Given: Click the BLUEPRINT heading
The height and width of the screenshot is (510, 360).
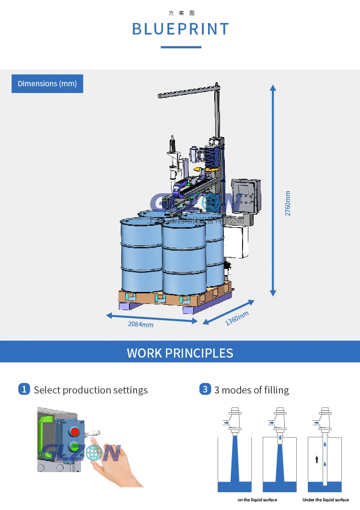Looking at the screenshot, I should [180, 29].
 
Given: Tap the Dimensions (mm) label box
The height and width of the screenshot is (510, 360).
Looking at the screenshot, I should [47, 84].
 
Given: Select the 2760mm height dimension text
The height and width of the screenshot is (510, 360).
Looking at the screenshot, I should [288, 203].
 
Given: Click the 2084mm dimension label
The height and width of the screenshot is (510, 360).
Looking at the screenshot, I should [140, 325].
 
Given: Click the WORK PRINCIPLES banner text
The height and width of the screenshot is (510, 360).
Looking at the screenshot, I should [180, 353].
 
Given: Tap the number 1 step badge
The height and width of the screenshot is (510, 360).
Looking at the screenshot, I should [24, 389].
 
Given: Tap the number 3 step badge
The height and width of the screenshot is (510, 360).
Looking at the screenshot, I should [205, 389].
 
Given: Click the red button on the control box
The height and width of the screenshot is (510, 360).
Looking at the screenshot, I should [74, 430].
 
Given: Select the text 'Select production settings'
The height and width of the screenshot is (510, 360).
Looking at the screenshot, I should [91, 390].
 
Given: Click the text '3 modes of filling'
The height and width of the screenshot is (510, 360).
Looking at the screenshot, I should [251, 390].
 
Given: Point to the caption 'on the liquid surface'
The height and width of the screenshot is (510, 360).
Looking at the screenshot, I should [257, 500].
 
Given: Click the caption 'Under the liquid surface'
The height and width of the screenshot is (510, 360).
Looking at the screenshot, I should [325, 500].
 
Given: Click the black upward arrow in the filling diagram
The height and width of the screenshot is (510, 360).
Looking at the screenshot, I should [316, 460].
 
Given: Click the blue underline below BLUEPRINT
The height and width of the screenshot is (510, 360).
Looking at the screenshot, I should [181, 47].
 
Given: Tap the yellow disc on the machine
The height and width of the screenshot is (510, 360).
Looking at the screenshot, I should [211, 169].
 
